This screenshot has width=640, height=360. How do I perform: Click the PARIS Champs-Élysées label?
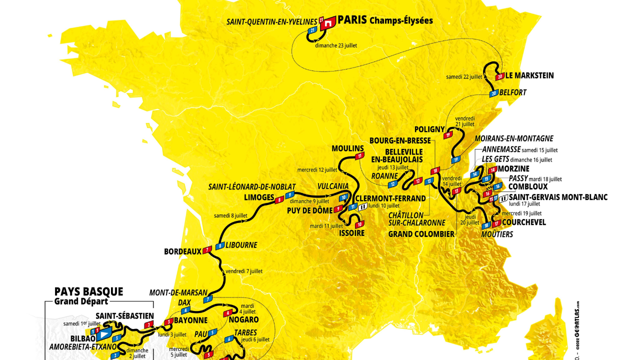pyautogui.click(x=385, y=20)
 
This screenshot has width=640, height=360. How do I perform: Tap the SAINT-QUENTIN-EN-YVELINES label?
pyautogui.click(x=272, y=22)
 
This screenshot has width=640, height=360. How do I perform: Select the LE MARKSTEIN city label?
pyautogui.click(x=529, y=76)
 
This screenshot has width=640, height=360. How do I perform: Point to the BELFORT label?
pyautogui.click(x=512, y=92)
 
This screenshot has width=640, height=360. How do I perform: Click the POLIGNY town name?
pyautogui.click(x=429, y=129)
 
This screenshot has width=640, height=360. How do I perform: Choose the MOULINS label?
pyautogui.click(x=347, y=148)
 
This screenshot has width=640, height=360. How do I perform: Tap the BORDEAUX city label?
pyautogui.click(x=182, y=251)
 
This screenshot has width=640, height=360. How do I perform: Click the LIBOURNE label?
pyautogui.click(x=241, y=245)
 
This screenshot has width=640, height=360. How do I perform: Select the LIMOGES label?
pyautogui.click(x=259, y=197)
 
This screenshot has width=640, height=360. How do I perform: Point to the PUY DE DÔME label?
pyautogui.click(x=309, y=210)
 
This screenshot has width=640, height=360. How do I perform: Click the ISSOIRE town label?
pyautogui.click(x=351, y=233)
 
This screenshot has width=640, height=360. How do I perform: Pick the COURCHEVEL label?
pyautogui.click(x=524, y=222)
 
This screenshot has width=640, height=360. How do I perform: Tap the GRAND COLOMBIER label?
pyautogui.click(x=421, y=234)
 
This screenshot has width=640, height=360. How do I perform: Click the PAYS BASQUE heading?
pyautogui.click(x=88, y=292)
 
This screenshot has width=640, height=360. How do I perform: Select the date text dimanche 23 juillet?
pyautogui.click(x=336, y=45)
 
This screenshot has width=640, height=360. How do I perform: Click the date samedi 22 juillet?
pyautogui.click(x=464, y=77)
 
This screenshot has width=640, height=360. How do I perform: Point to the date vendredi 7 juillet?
pyautogui.click(x=244, y=271)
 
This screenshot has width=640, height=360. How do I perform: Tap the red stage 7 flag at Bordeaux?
pyautogui.click(x=207, y=250)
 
